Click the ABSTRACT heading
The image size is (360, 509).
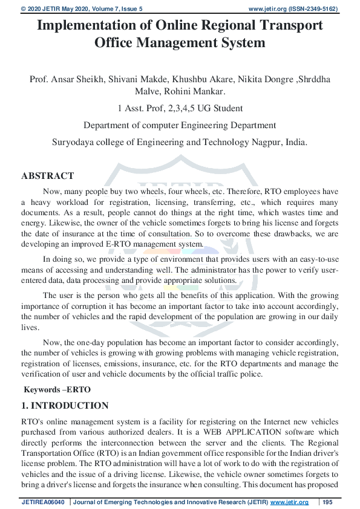tap(47, 176)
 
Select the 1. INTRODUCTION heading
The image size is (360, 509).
tap(65, 406)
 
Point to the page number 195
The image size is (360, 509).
tap(328, 502)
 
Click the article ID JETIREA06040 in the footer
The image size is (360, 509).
tap(44, 502)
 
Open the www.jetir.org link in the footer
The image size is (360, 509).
tap(289, 502)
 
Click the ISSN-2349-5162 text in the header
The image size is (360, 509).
tap(313, 9)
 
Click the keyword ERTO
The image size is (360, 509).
tap(72, 391)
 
